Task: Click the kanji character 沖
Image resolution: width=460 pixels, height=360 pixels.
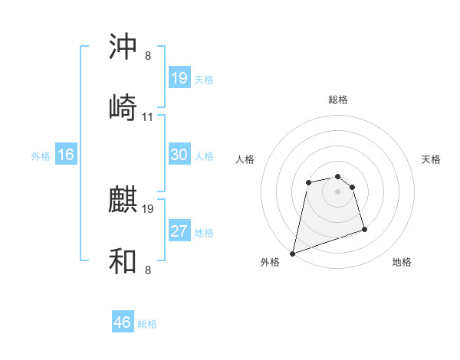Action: [x=123, y=47]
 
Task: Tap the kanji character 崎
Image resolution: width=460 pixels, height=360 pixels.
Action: [x=123, y=107]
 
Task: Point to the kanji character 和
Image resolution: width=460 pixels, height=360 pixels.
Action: [x=123, y=261]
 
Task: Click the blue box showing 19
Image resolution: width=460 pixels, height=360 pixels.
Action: [x=179, y=77]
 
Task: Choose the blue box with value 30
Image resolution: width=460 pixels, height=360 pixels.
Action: [x=179, y=155]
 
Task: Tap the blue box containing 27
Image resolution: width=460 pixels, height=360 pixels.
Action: [x=179, y=231]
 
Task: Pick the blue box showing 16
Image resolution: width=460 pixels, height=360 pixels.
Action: [x=65, y=155]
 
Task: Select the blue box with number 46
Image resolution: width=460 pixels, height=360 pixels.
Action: [x=123, y=322]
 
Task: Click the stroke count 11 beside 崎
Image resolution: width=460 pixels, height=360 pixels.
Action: [x=148, y=117]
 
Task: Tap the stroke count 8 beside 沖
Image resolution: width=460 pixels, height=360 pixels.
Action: [x=148, y=56]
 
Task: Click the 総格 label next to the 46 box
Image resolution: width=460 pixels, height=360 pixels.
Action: [x=147, y=324]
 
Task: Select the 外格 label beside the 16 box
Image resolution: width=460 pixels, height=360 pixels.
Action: [x=40, y=155]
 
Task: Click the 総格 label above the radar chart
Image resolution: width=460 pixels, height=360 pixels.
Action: [x=337, y=100]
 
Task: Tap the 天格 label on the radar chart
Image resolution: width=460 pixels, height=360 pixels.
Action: [x=431, y=159]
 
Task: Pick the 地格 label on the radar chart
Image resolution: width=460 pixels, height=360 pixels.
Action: [x=402, y=262]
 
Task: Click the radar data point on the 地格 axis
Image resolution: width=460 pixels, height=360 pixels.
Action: [x=364, y=229]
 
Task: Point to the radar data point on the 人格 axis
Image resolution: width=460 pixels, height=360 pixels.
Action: [x=308, y=182]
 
